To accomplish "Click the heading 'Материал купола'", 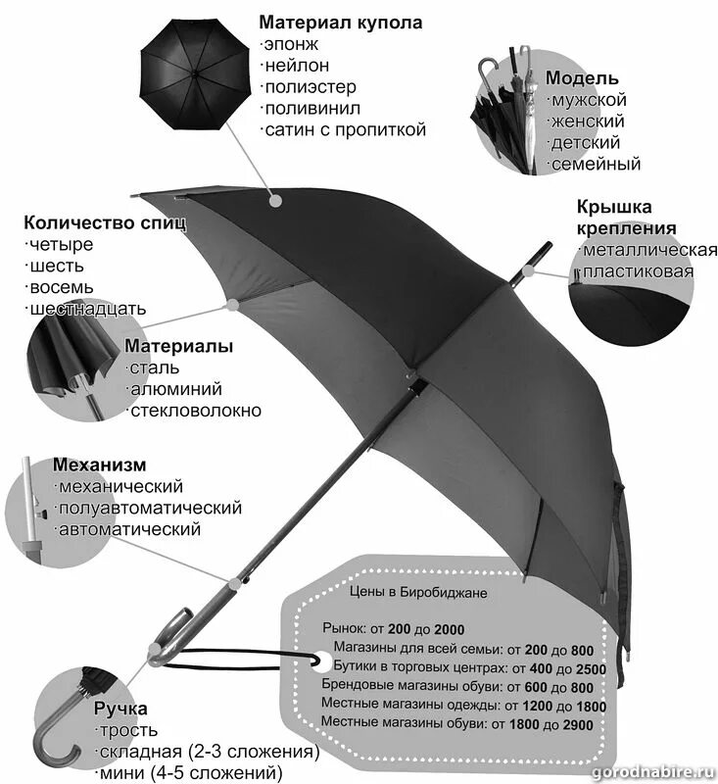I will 340,22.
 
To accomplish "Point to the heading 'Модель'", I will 582,78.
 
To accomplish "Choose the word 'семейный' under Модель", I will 596,164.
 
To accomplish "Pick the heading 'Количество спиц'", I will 105,222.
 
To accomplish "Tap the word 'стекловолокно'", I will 197,410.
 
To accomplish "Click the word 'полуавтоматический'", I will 150,508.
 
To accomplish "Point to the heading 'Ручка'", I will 120,709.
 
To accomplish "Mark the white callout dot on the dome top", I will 277,199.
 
